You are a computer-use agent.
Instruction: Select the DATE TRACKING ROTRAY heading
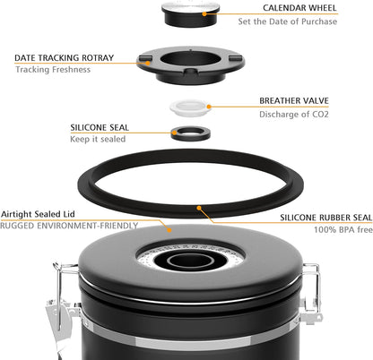[64, 57]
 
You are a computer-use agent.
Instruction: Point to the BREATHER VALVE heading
[299, 101]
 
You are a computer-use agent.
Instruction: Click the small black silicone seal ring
[190, 133]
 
